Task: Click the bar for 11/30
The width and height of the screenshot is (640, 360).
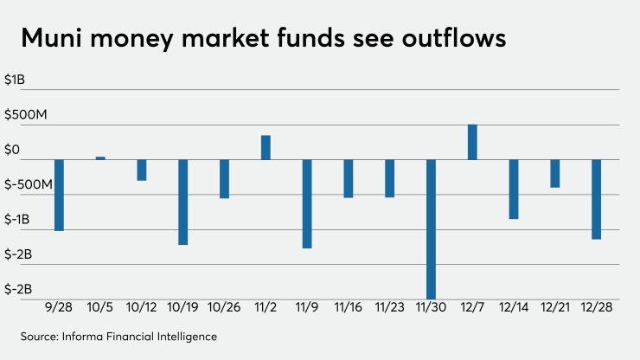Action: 431,229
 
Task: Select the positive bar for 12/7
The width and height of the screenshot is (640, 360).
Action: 472,142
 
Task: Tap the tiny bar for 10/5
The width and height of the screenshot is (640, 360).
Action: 100,158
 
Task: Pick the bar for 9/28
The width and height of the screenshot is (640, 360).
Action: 59,196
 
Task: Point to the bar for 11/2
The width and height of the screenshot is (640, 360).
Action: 266,147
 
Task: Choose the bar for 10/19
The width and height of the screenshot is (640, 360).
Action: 183,202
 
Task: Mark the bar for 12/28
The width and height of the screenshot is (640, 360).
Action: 597,199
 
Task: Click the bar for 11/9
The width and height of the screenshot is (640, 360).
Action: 307,204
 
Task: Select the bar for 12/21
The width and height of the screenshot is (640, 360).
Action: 555,174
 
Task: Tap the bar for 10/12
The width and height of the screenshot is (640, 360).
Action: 142,170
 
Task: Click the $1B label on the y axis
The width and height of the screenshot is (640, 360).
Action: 15,80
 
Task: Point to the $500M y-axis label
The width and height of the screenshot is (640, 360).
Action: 26,114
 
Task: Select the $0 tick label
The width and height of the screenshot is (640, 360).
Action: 12,150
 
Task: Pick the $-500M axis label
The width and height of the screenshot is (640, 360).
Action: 29,184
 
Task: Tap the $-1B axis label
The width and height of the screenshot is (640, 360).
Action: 16,220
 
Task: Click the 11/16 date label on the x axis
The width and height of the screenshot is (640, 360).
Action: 349,307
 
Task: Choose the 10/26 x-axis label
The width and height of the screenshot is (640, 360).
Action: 224,307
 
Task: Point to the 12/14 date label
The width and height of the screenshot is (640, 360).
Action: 514,307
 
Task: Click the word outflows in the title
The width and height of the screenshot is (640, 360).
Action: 454,38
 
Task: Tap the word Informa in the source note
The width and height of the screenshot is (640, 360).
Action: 82,337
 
